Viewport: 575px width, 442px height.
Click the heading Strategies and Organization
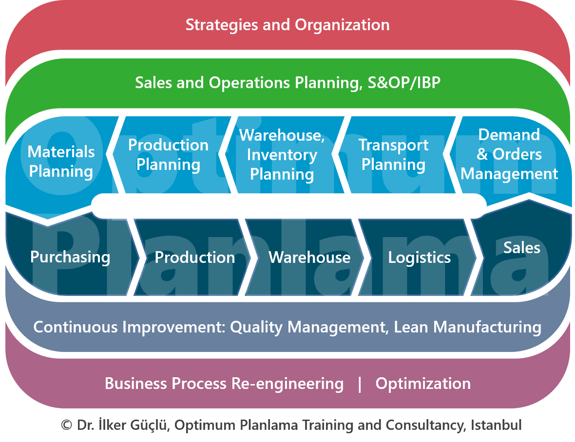click(287, 25)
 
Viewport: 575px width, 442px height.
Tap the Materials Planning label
click(61, 161)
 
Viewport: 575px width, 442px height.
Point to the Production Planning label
click(168, 154)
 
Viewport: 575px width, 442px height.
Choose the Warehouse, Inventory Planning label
click(282, 154)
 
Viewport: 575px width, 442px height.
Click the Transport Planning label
click(393, 154)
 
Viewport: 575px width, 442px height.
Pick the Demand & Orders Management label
click(509, 154)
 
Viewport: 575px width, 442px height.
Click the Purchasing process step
click(70, 257)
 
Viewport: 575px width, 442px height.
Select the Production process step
click(194, 257)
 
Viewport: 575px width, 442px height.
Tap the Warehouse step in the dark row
click(309, 257)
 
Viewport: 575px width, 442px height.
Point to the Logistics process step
click(419, 257)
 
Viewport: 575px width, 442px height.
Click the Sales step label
click(522, 248)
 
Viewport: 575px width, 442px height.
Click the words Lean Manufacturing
click(467, 327)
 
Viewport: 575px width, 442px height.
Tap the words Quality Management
click(307, 327)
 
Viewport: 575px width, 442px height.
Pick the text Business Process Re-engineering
click(224, 384)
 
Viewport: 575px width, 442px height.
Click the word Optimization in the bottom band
click(423, 384)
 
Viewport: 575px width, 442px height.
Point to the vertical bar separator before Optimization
click(360, 384)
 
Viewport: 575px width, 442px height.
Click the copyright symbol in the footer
click(66, 425)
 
